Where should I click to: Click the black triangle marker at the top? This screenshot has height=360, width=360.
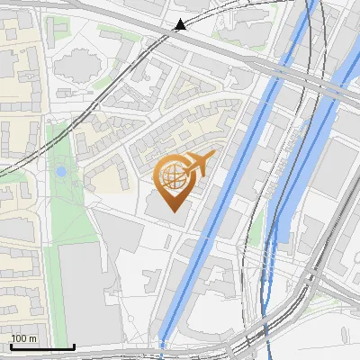[180, 24]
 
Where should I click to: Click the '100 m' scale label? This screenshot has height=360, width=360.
[24, 337]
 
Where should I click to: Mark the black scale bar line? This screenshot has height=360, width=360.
[42, 346]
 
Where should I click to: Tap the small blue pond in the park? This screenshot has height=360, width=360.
[60, 171]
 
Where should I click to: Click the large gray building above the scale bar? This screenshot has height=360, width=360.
[90, 288]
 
